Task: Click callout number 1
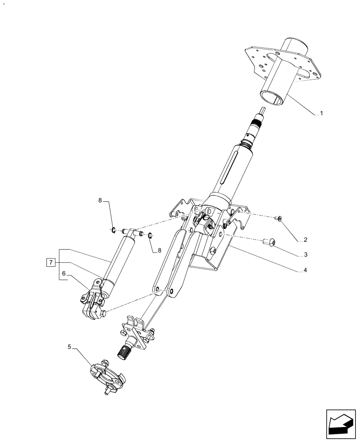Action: (321, 113)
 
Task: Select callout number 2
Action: (305, 240)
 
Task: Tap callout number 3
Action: (305, 255)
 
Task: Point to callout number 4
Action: (305, 270)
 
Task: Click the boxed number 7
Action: (51, 263)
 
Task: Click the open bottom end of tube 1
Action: (271, 98)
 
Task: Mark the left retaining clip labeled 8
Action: (113, 229)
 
